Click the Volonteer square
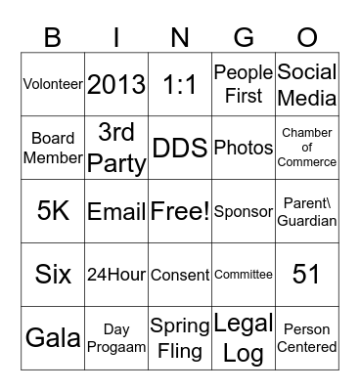pos(53,84)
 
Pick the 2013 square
pos(116,84)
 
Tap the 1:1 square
pos(180,84)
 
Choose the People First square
pos(244,84)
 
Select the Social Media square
pos(307,84)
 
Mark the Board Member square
pos(53,148)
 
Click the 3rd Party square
pos(116,148)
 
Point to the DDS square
pos(180,148)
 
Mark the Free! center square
pos(180,211)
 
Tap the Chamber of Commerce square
pos(307,148)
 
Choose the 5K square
pos(53,211)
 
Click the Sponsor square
pos(244,211)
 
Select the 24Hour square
pos(116,275)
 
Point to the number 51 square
pos(307,275)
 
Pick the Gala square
pos(53,338)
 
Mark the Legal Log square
pos(244,338)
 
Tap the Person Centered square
pos(307,338)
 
